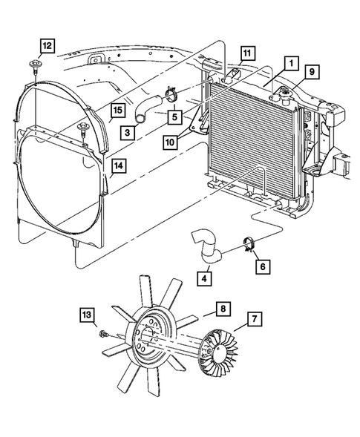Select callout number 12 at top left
pyautogui.click(x=47, y=47)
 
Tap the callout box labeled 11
pyautogui.click(x=246, y=53)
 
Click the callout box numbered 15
pyautogui.click(x=117, y=112)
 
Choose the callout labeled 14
pyautogui.click(x=117, y=167)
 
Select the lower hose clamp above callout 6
pyautogui.click(x=249, y=244)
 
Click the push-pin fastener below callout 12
pyautogui.click(x=36, y=69)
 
